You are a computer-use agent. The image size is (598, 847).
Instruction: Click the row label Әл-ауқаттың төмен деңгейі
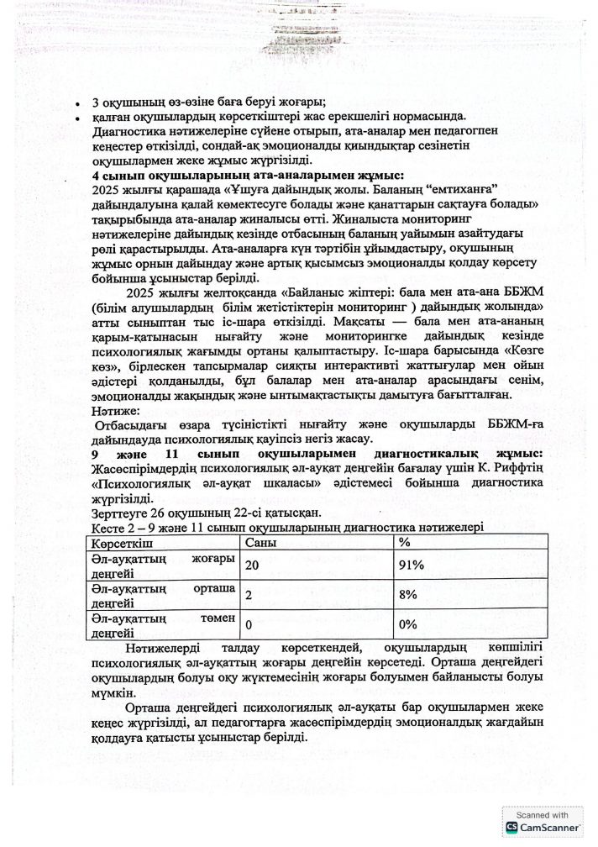(157, 625)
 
